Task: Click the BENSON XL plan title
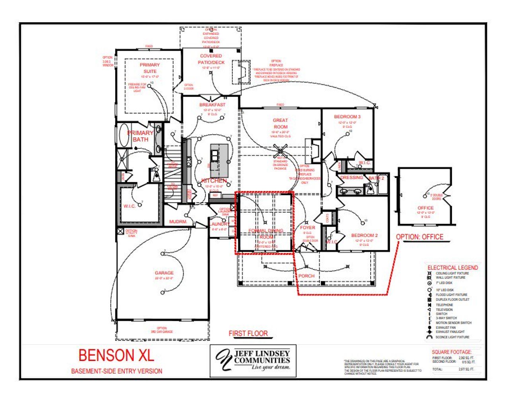point(116,355)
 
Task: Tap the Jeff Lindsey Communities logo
point(253,360)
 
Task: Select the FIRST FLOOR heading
point(248,333)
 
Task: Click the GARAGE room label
point(164,273)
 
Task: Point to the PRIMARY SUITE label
point(150,68)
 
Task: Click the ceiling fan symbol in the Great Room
point(281,150)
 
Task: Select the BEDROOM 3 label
point(347,117)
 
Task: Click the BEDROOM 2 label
point(364,235)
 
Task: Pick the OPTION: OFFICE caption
point(420,237)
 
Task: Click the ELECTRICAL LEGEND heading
point(453,268)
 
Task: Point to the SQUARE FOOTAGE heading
point(452,352)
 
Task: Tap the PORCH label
point(306,276)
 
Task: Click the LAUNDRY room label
point(219,224)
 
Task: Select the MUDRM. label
point(178,222)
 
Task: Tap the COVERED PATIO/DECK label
point(211,59)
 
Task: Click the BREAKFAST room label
point(212,105)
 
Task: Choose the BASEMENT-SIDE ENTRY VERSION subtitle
point(117,371)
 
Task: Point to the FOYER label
point(307,228)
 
